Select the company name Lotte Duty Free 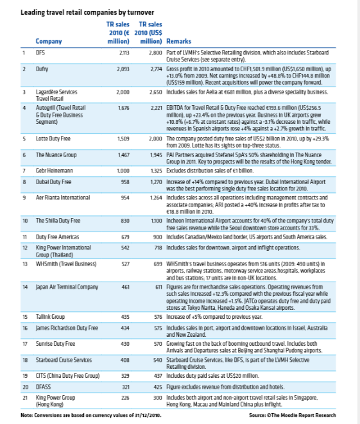56,138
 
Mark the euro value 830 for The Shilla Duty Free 124,221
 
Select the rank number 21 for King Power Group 24,397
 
